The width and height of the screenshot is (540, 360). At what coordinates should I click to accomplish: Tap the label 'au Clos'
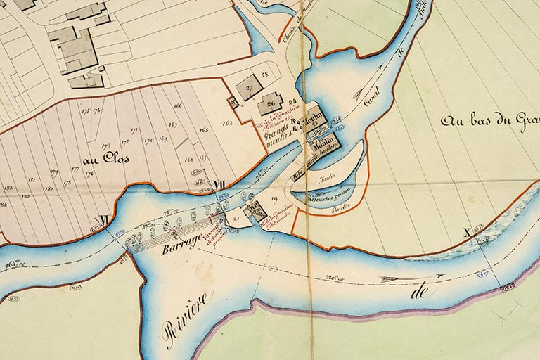pyautogui.click(x=99, y=159)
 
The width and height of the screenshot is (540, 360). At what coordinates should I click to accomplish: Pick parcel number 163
pyautogui.click(x=226, y=123)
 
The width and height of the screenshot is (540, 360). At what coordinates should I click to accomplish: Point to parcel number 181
pyautogui.click(x=32, y=180)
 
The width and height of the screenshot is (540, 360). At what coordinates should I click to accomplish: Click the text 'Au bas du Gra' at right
pyautogui.click(x=489, y=120)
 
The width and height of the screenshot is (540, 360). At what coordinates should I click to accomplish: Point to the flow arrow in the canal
pyautogui.click(x=366, y=93)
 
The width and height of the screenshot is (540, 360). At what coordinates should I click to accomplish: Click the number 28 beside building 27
pyautogui.click(x=265, y=73)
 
